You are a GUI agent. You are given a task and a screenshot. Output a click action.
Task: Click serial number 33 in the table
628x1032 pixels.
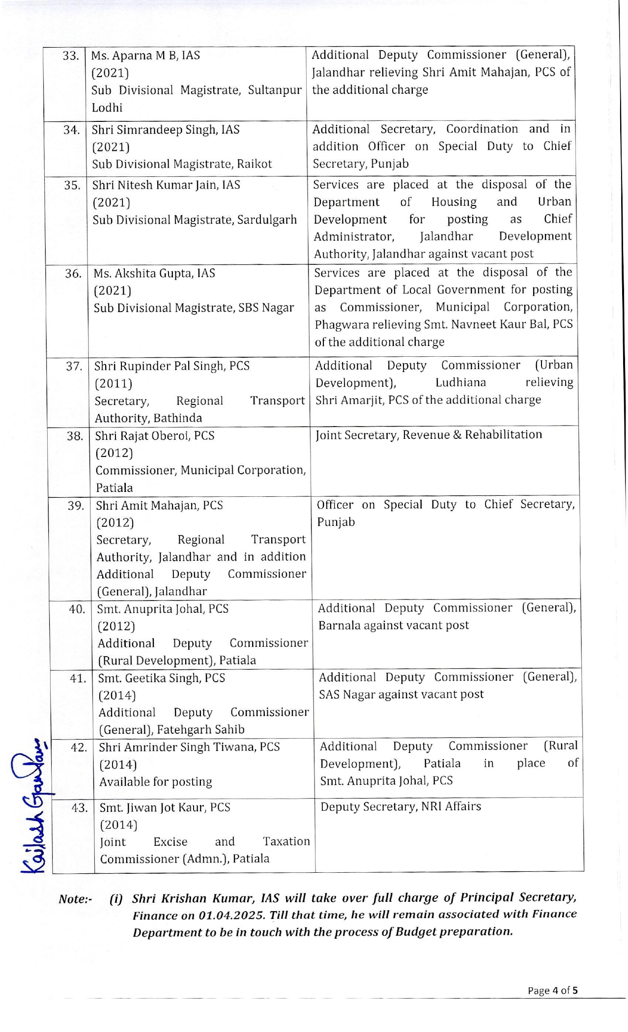[x=70, y=56]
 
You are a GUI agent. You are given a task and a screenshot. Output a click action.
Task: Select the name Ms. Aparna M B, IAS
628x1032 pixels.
[x=145, y=56]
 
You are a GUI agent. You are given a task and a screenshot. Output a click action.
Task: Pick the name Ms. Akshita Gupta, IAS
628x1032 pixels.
[x=154, y=273]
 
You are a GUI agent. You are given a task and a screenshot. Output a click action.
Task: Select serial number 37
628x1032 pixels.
[x=74, y=366]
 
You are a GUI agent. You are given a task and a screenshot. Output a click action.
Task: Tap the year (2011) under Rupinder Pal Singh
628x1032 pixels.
[x=114, y=384]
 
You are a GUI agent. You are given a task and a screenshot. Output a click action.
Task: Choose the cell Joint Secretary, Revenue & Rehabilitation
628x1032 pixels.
[x=428, y=435]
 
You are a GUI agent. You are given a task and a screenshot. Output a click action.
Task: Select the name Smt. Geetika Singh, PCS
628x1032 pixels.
[x=162, y=678]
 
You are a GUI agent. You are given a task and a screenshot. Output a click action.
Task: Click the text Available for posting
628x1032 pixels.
[x=156, y=782]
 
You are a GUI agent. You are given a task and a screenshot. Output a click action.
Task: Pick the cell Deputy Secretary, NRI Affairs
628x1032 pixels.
[x=400, y=806]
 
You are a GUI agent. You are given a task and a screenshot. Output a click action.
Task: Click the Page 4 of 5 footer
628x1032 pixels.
[x=552, y=990]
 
